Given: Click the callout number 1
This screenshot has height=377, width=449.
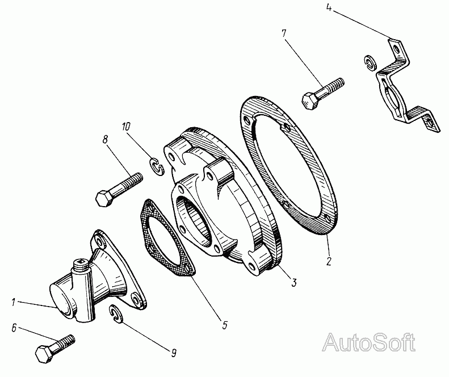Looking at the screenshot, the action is click(x=14, y=302).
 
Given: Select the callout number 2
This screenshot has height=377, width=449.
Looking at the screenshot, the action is click(x=329, y=261).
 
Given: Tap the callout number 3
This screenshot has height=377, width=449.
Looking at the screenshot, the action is click(x=294, y=283).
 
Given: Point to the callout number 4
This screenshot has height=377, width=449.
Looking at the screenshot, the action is click(x=329, y=8).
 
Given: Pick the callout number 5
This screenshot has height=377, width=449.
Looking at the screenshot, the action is click(x=225, y=325).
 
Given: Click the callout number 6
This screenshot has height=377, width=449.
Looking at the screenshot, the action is click(x=14, y=328).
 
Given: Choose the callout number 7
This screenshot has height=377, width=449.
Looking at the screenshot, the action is click(x=283, y=33).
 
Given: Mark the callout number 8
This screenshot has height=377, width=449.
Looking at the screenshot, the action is click(x=105, y=140).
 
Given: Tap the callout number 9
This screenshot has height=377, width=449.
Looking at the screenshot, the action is click(x=174, y=353).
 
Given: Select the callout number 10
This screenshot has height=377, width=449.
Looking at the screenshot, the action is click(x=126, y=127).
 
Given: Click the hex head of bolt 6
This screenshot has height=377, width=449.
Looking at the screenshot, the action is click(x=44, y=354).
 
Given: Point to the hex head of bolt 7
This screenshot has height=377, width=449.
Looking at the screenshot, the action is click(x=310, y=101).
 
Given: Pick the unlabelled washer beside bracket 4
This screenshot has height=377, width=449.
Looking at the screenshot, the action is click(x=369, y=62).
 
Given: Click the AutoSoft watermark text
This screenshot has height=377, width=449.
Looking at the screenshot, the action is click(x=368, y=342).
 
